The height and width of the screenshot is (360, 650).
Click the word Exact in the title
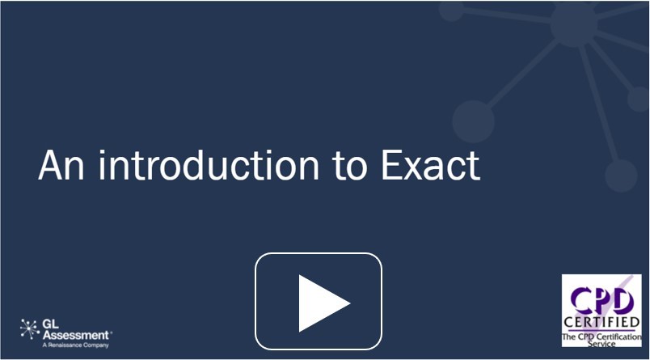[430, 165]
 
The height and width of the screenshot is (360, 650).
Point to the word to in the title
[350, 167]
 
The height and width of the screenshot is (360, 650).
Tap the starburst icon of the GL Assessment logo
[30, 329]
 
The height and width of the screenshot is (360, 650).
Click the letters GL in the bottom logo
[51, 324]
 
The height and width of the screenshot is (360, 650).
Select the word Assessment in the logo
[76, 335]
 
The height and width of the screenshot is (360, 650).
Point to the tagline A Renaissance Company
[75, 345]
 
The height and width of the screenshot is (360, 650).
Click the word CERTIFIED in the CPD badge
[601, 322]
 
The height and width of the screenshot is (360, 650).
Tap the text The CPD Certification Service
[601, 340]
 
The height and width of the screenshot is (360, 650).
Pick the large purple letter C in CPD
[581, 300]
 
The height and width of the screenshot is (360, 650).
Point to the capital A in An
[50, 165]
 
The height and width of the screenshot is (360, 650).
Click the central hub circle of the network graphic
[574, 23]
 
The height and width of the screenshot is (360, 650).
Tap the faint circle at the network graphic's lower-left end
[473, 121]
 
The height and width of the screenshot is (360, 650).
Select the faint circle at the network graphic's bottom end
[621, 176]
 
